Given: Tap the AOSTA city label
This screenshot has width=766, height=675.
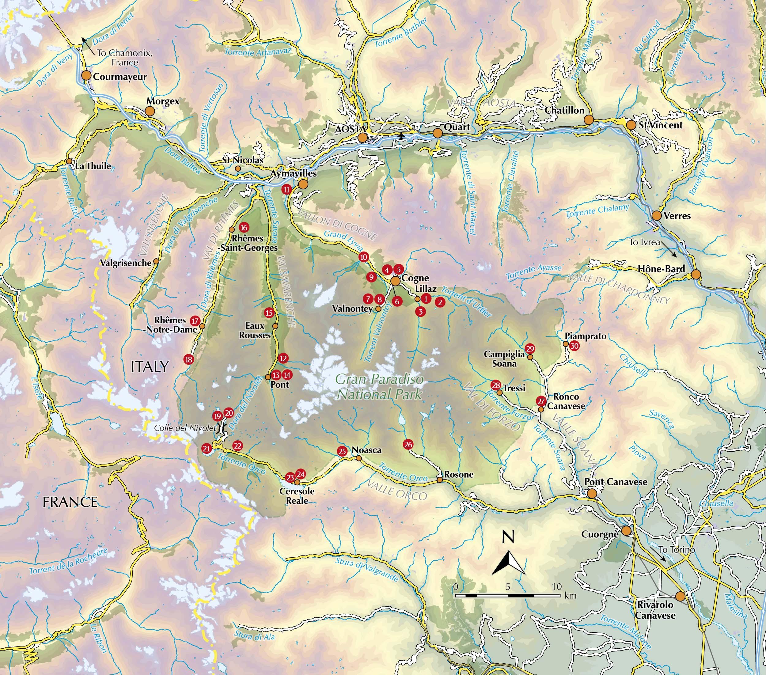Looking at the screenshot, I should (350, 129).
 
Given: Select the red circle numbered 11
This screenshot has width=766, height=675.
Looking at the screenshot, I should (287, 190).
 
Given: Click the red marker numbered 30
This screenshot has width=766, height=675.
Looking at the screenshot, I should (574, 346).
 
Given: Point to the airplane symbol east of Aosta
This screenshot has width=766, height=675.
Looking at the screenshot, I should (402, 135).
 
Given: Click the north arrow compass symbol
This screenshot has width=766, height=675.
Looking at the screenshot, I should (508, 562).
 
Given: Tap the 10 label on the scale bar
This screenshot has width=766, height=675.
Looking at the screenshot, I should (557, 586).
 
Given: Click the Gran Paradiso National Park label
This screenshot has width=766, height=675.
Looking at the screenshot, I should (379, 387).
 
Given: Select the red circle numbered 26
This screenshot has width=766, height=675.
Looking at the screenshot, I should (408, 445).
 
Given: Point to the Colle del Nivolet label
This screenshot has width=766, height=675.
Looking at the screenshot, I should (185, 428).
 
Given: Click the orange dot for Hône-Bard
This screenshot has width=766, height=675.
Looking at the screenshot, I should (696, 274).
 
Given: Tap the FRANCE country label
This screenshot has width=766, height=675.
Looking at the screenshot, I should (70, 502).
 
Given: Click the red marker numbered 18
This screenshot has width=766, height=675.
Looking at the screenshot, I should (189, 360).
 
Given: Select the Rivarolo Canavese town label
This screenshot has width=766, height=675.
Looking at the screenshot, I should (655, 610).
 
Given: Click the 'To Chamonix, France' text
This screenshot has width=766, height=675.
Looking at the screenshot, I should (124, 58).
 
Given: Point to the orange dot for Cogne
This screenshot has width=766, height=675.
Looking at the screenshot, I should (396, 281).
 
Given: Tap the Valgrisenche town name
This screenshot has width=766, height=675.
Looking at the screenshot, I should (126, 263).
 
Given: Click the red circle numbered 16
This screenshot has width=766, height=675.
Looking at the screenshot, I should (244, 227).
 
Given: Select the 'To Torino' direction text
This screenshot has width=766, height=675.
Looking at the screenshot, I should (677, 550).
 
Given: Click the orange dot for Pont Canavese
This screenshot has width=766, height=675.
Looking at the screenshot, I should (592, 493).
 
